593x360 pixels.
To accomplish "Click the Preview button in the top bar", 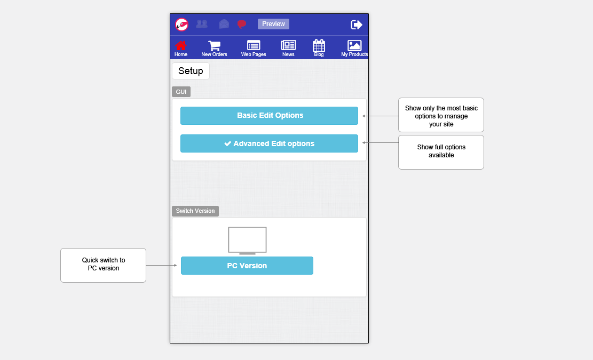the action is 273,24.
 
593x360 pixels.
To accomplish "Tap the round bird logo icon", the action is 182,25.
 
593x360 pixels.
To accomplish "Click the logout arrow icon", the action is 356,25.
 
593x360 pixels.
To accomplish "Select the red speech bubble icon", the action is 242,24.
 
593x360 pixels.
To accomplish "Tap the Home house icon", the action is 181,46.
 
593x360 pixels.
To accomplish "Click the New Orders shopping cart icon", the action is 214,46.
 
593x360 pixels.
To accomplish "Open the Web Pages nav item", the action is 254,49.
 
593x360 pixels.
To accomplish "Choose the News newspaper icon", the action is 288,45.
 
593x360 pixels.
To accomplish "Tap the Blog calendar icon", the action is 319,45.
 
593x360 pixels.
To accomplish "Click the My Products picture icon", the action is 354,45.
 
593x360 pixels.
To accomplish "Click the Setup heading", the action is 191,71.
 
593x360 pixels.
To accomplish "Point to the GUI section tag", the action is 181,92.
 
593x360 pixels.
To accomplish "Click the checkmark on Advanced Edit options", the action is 228,143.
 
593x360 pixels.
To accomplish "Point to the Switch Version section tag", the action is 195,211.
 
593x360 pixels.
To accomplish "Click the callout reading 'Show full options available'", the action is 441,152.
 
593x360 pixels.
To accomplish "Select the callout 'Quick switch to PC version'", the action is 103,265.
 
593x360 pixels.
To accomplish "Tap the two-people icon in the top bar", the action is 202,24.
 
